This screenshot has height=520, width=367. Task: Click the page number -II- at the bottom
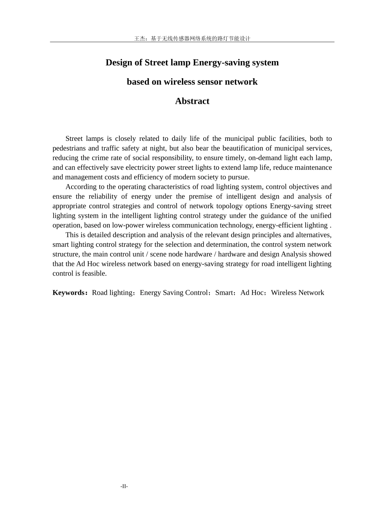point(124,486)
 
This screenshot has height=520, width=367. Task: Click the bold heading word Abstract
point(192,101)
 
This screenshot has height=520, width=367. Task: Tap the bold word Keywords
point(69,292)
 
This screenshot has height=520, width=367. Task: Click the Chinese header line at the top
point(192,38)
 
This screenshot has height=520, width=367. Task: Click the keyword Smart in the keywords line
point(224,292)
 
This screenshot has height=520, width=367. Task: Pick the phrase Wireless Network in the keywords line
point(297,292)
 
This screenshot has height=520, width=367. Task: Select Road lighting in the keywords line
point(112,292)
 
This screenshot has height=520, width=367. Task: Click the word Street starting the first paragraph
point(74,139)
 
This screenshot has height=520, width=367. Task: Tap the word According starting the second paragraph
point(81,186)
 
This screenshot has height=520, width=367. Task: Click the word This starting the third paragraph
point(72,235)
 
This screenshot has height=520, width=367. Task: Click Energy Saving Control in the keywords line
point(174,292)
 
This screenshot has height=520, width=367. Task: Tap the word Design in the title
point(119,63)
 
